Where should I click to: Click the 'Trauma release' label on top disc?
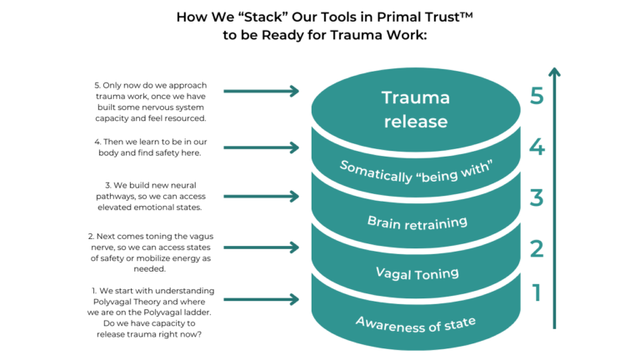click(x=415, y=109)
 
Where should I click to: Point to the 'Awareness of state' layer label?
click(x=415, y=322)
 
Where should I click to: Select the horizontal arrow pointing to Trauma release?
click(x=261, y=92)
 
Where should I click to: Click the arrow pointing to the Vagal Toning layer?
click(x=261, y=247)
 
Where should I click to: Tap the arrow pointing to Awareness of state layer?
click(x=261, y=299)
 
